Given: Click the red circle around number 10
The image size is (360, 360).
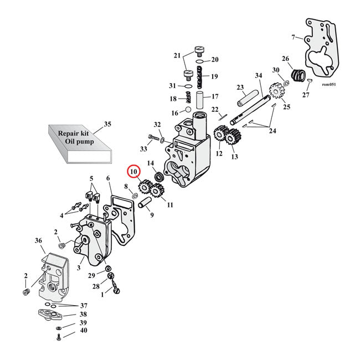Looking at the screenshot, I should pyautogui.click(x=133, y=172).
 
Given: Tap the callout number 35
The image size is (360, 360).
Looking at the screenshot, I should pyautogui.click(x=107, y=124).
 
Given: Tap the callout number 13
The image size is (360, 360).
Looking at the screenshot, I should pyautogui.click(x=234, y=157).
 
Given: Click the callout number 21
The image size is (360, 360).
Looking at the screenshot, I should pyautogui.click(x=177, y=55).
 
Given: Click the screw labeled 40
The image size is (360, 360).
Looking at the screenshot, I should pyautogui.click(x=58, y=337).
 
